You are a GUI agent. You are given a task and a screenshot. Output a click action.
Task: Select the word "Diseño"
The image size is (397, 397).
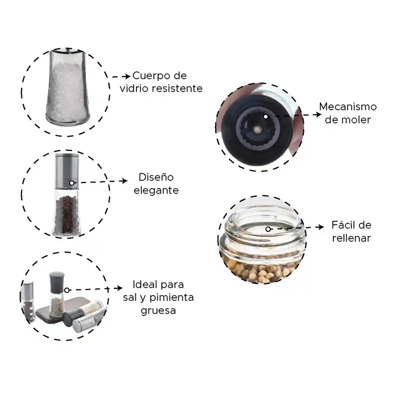click(156, 178)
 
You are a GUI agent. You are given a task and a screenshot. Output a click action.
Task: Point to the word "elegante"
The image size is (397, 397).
click(156, 190)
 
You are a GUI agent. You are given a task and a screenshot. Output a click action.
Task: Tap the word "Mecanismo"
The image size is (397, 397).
click(348, 107)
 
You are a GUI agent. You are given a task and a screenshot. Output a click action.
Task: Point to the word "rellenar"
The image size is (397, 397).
click(351, 238)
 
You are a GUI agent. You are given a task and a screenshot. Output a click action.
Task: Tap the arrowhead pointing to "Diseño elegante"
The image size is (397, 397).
click(124, 181)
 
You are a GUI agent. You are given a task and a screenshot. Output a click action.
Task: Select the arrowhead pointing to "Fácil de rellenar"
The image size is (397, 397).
click(321, 227)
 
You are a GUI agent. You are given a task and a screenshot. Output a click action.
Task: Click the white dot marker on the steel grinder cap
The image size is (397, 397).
click(72, 183)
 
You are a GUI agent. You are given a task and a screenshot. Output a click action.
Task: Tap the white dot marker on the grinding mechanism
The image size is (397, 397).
click(266, 116)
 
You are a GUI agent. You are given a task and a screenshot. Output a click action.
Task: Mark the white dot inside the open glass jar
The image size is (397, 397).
click(268, 229)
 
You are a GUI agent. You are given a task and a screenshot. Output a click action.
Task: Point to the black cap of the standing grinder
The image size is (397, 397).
click(57, 280)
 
